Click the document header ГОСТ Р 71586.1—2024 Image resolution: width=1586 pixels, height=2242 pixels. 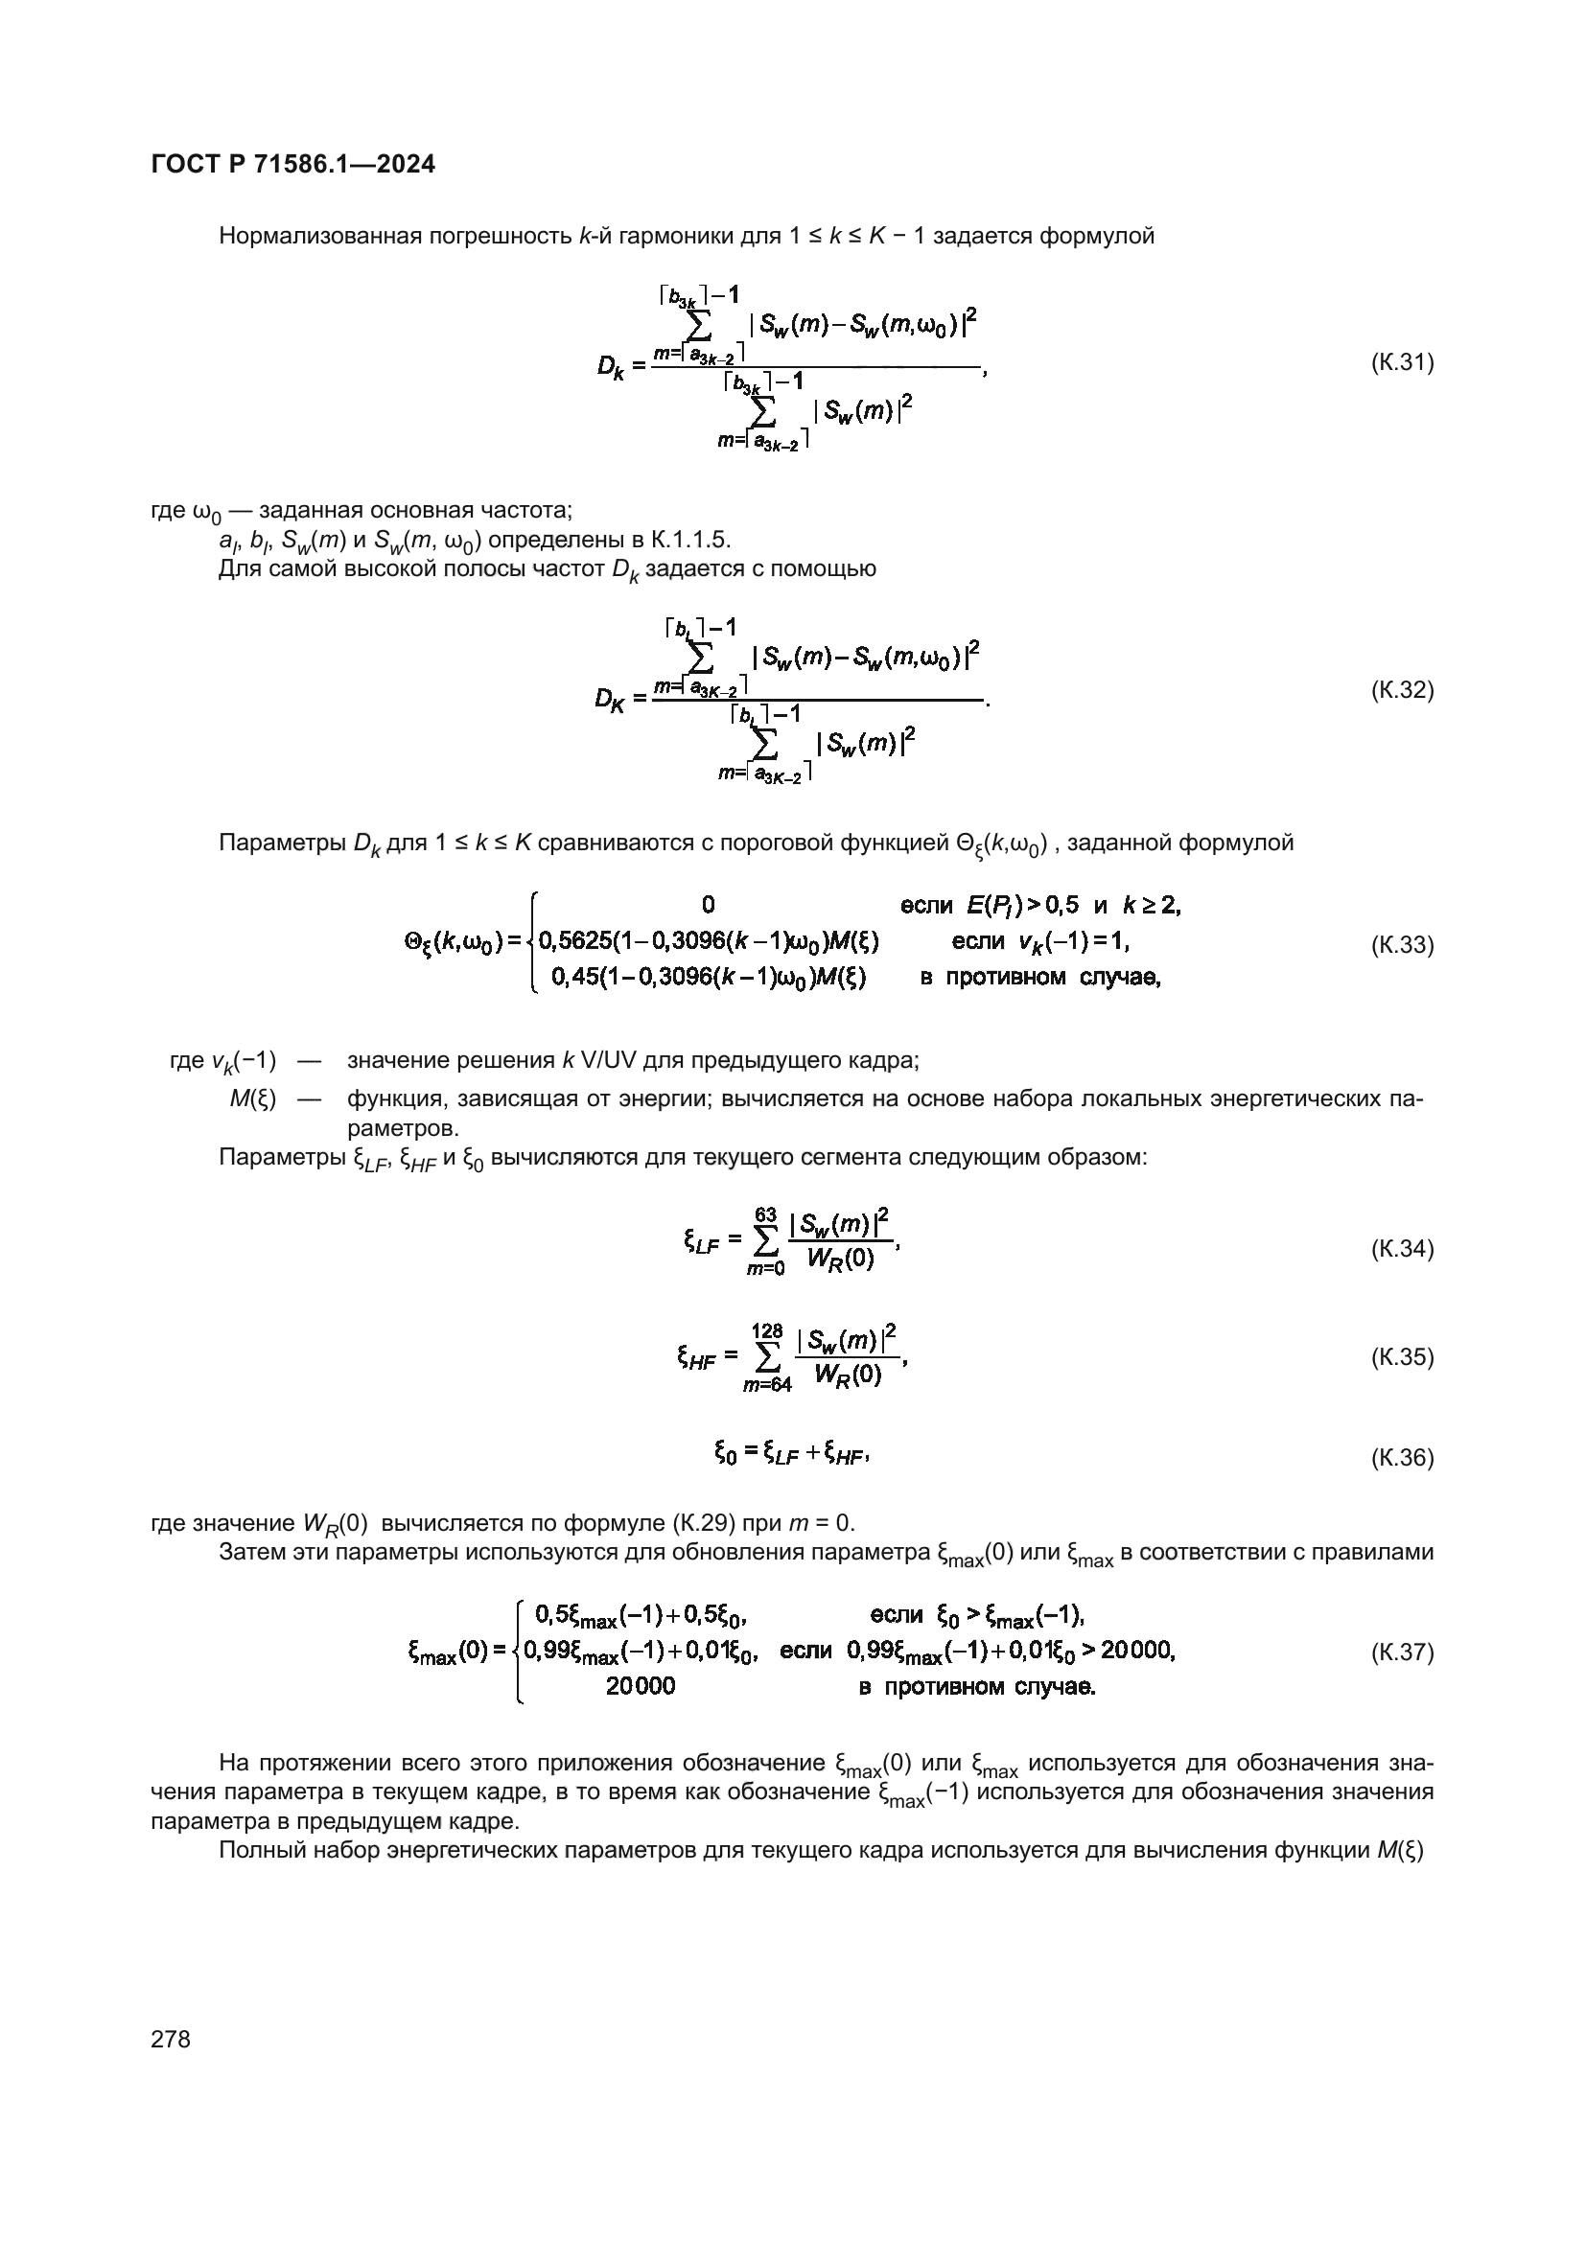[x=293, y=164]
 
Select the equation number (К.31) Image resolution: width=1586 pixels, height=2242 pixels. [x=1403, y=363]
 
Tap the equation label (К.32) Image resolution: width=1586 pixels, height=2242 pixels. [x=1403, y=690]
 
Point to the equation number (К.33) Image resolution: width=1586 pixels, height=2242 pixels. [x=1403, y=945]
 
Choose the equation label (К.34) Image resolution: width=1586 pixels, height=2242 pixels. [x=1403, y=1249]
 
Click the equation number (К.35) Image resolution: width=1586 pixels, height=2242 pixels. [x=1403, y=1356]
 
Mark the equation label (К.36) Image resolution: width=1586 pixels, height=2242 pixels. [x=1403, y=1458]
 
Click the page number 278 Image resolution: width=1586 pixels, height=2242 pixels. [x=171, y=2039]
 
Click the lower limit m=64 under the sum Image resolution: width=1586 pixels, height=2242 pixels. [x=767, y=1385]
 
